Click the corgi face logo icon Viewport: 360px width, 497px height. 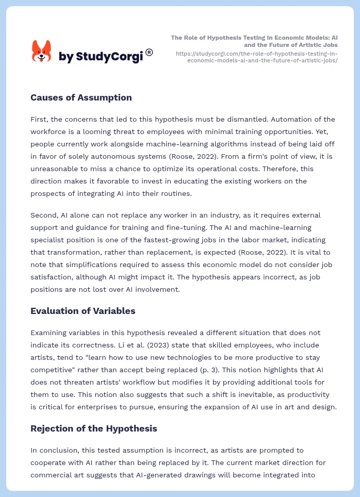(42, 52)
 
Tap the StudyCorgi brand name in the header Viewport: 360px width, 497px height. (101, 57)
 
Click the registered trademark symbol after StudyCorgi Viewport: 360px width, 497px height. (149, 52)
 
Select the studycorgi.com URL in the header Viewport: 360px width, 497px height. (256, 57)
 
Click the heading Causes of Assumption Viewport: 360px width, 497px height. (81, 97)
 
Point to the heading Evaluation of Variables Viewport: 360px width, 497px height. (83, 311)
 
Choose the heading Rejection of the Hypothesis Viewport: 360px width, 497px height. (94, 428)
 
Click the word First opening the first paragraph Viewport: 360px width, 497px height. (39, 119)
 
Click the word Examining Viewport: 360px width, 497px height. (49, 333)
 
